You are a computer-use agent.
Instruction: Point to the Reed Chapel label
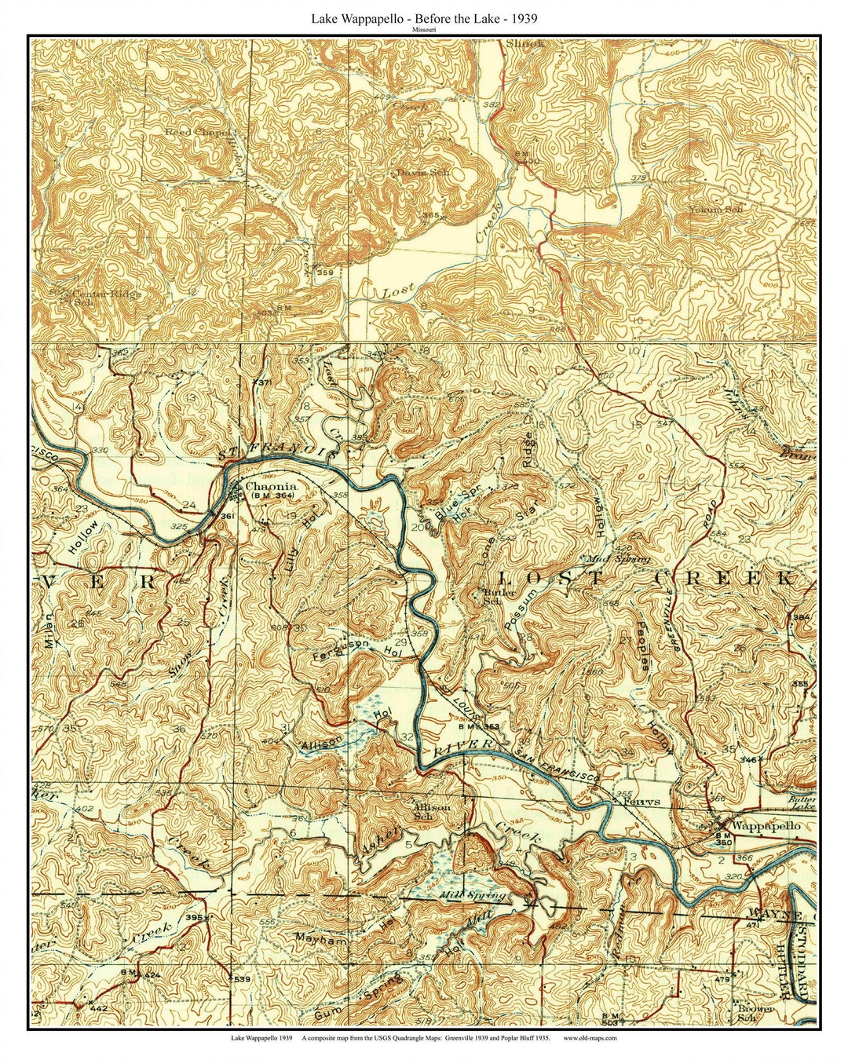[198, 133]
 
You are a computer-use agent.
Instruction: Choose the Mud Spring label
[619, 559]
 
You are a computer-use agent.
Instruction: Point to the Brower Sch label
[755, 1008]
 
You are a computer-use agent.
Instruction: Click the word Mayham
[320, 938]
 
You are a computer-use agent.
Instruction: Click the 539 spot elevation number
[241, 978]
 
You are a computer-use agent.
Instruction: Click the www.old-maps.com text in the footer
[590, 1037]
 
